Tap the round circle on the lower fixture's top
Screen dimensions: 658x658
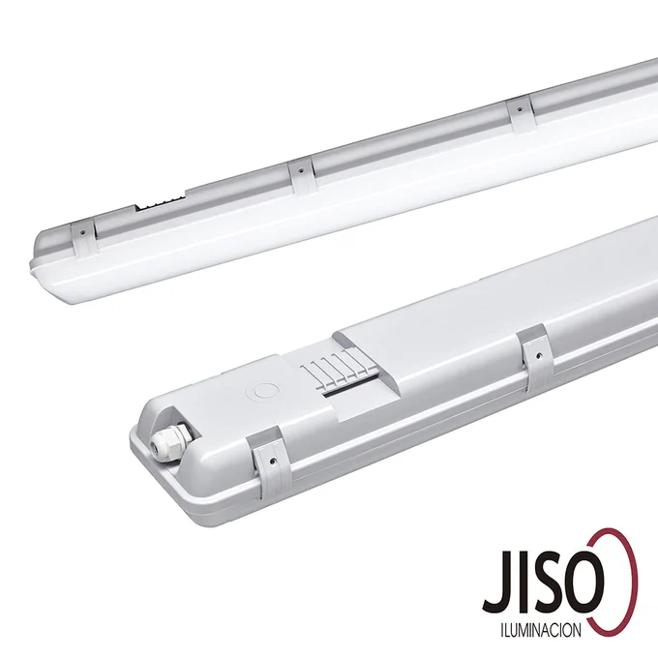click(x=262, y=392)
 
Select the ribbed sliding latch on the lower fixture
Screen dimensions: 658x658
click(x=336, y=366)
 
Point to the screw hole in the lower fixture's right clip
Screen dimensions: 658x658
click(x=538, y=357)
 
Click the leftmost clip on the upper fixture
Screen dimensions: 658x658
click(x=85, y=237)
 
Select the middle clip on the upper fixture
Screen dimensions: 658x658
click(x=301, y=175)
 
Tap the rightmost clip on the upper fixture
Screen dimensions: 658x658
click(x=521, y=112)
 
